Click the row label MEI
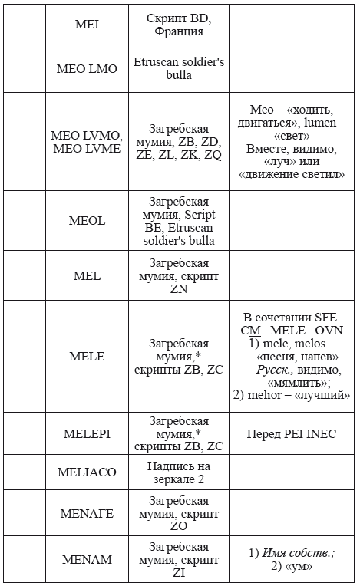coord(87,25)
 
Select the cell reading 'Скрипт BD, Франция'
coord(179,25)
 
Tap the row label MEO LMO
coord(87,68)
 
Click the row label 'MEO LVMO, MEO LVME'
coord(86,142)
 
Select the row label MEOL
coord(87,221)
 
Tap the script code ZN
coord(179,289)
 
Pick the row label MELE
coord(87,357)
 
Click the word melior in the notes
coord(276,396)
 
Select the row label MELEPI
coord(87,434)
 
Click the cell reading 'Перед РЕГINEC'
coord(292,434)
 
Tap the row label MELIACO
coord(87,472)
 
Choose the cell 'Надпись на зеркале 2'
coord(179,472)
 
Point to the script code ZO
coord(179,528)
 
